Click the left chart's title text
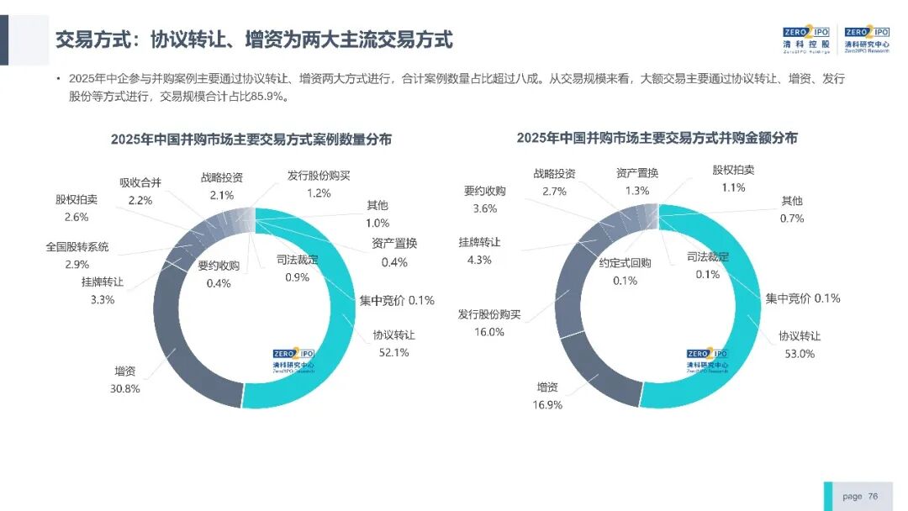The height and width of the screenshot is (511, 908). coord(251,140)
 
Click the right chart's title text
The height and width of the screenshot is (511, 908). coord(657,138)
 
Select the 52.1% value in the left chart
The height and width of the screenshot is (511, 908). coord(393,352)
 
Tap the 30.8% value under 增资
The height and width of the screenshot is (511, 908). coord(125,389)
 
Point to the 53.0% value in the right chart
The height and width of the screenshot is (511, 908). coord(800,354)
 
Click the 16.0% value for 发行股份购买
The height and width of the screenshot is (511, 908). coord(489,332)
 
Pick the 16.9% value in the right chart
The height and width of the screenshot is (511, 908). coord(547,405)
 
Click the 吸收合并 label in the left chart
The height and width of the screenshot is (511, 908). coord(140,183)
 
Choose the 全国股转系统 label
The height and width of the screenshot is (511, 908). coord(77,247)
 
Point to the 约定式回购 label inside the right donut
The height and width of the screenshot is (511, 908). coord(625,263)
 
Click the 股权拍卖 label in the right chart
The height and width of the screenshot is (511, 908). coord(733,170)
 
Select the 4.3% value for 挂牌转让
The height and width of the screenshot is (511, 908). coord(479,261)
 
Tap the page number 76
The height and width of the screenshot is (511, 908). coord(873,497)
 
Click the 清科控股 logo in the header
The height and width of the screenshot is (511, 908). coord(806,40)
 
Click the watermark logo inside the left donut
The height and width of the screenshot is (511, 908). coord(293,360)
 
